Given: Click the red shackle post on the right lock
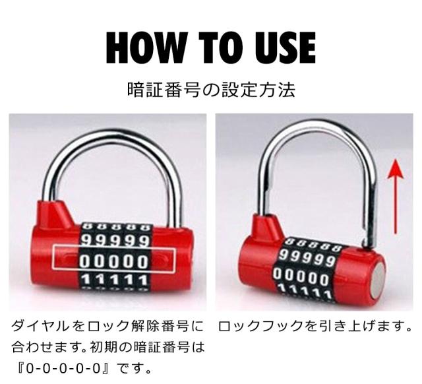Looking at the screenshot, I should pyautogui.click(x=263, y=228).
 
